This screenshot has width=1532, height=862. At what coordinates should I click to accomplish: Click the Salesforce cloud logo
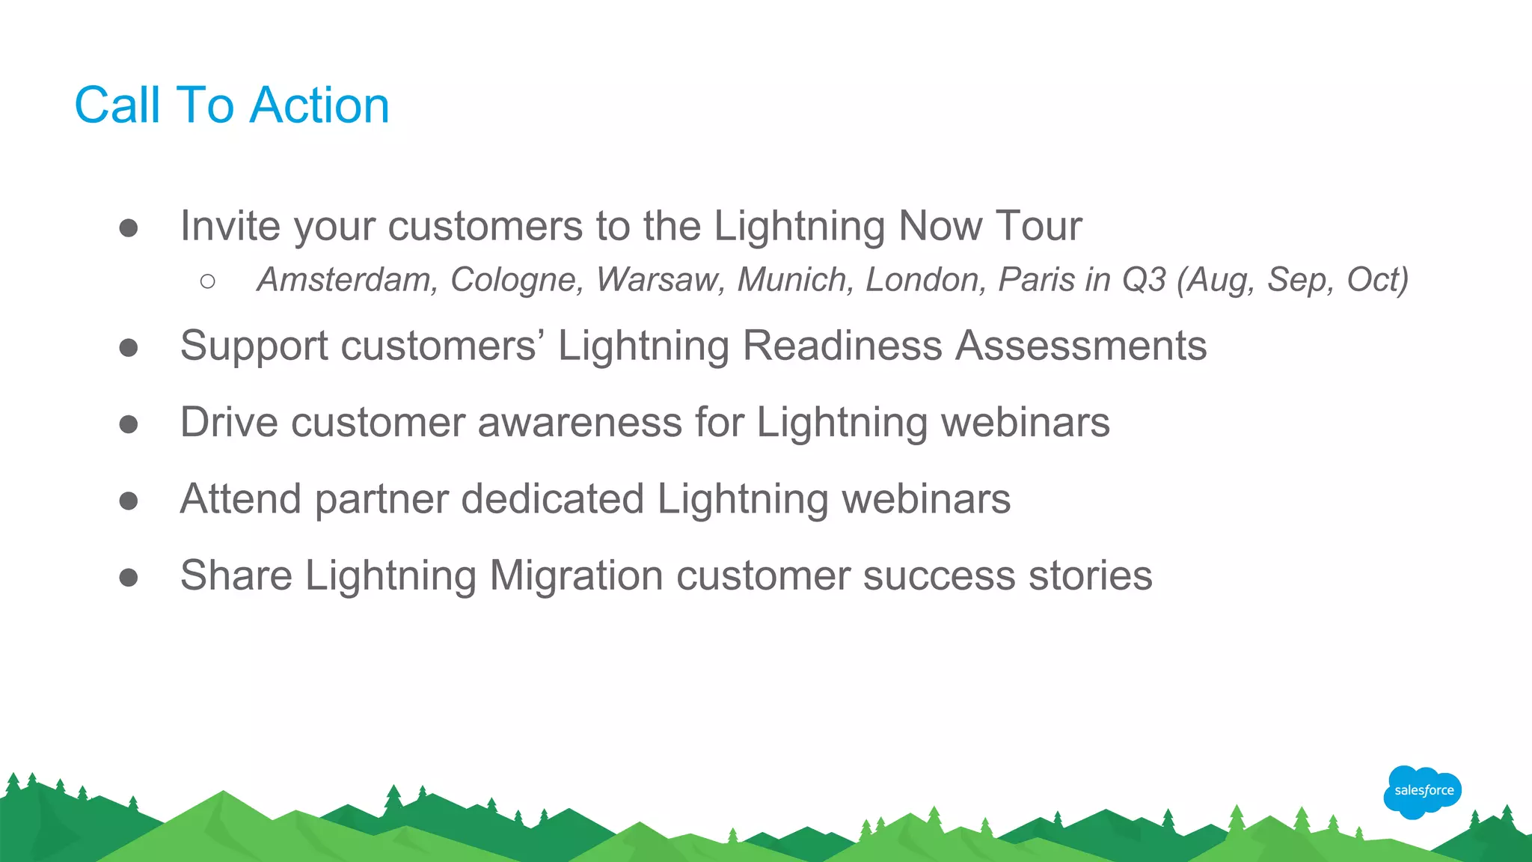click(x=1422, y=791)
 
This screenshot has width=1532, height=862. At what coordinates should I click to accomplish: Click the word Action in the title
click(x=319, y=105)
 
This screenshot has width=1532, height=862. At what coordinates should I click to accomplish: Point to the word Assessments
click(x=1081, y=346)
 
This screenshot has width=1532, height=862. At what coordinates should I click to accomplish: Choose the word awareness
click(x=580, y=422)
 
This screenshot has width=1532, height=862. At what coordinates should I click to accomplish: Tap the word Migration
click(x=576, y=575)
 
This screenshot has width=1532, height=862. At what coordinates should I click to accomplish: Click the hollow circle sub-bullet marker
click(x=208, y=281)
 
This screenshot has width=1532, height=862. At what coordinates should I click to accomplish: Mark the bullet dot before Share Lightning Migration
click(x=129, y=577)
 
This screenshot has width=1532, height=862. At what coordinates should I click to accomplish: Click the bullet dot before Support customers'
click(x=129, y=347)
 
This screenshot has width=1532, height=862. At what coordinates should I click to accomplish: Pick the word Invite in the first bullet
click(x=230, y=225)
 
